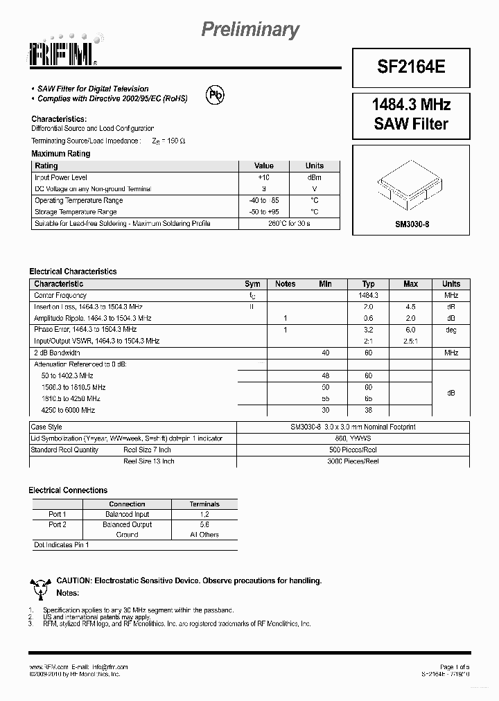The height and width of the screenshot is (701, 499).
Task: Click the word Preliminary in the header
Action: pyautogui.click(x=250, y=30)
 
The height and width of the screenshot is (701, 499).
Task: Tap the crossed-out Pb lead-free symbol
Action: pyautogui.click(x=215, y=95)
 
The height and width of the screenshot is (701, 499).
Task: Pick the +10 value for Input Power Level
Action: pyautogui.click(x=263, y=177)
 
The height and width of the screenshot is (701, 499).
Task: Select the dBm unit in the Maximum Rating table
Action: pyautogui.click(x=314, y=177)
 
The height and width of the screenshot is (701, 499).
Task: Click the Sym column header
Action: pyautogui.click(x=252, y=284)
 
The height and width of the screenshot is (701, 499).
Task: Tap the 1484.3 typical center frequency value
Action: pyautogui.click(x=368, y=295)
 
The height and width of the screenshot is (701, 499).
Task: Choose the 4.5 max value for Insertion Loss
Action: pyautogui.click(x=410, y=306)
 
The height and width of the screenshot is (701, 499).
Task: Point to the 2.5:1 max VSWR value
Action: pyautogui.click(x=410, y=341)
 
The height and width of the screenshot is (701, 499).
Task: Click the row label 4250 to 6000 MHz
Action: pyautogui.click(x=68, y=410)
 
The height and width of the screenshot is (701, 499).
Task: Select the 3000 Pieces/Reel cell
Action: pyautogui.click(x=353, y=461)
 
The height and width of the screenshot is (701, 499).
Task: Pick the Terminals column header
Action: pyautogui.click(x=204, y=504)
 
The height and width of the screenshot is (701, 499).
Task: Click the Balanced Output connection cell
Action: pyautogui.click(x=127, y=524)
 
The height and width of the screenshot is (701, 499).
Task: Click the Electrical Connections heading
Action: pyautogui.click(x=68, y=490)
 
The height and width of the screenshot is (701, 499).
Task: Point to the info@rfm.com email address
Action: pyautogui.click(x=110, y=667)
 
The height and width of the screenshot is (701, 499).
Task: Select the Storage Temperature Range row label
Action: pyautogui.click(x=76, y=212)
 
